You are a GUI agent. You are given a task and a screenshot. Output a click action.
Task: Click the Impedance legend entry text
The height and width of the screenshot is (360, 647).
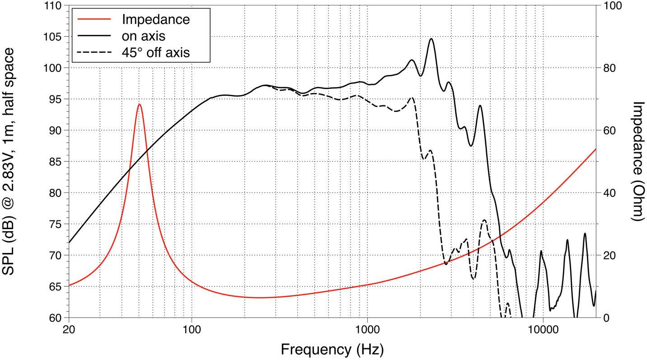tap(155, 19)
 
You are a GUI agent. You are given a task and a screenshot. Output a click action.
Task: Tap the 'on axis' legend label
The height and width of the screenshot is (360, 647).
tap(143, 36)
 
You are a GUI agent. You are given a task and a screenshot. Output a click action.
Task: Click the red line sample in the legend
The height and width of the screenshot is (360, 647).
tap(94, 19)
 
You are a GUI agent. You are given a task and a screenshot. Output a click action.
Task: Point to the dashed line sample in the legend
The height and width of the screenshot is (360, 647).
tap(94, 52)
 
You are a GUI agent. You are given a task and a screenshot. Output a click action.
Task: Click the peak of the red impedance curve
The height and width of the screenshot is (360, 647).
tap(139, 104)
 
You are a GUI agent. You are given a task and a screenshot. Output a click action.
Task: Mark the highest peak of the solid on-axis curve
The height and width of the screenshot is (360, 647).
tap(431, 39)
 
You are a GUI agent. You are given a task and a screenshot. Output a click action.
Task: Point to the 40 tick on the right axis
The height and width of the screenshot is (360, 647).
tap(611, 193)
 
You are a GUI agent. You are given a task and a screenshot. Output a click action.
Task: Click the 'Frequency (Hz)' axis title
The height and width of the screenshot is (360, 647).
tap(332, 349)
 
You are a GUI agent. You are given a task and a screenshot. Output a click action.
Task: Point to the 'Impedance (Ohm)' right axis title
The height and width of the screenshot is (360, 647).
tap(637, 161)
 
